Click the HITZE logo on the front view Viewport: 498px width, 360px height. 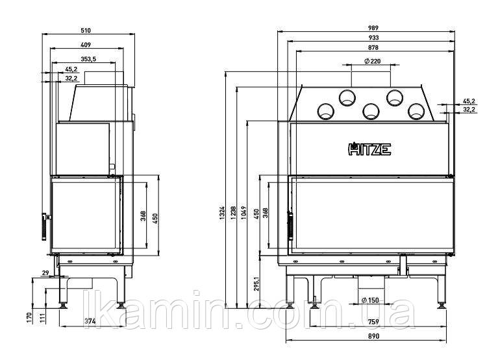point(369,149)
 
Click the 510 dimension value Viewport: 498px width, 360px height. point(86,30)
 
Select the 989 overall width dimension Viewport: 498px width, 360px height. point(373,28)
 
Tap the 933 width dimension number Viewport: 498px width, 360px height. point(373,38)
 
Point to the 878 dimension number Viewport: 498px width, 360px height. point(373,47)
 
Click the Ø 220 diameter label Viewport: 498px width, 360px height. point(372,61)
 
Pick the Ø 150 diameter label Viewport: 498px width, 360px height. point(370,300)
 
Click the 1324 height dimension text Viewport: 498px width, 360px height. point(222,213)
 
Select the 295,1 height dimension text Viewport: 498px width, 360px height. point(257,283)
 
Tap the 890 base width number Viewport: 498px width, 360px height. point(373,336)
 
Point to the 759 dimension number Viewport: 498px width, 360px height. point(373,322)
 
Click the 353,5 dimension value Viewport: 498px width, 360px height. point(88,59)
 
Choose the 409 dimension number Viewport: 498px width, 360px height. point(86,45)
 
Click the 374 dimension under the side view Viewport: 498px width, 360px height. point(90,321)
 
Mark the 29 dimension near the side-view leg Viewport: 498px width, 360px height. point(45,273)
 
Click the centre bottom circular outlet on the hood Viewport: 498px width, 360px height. point(371,112)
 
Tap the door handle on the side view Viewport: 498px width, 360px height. point(44,227)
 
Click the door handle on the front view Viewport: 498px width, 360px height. point(290,226)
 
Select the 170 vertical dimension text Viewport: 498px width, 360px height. point(29,317)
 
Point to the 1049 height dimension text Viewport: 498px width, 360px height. point(243,213)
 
